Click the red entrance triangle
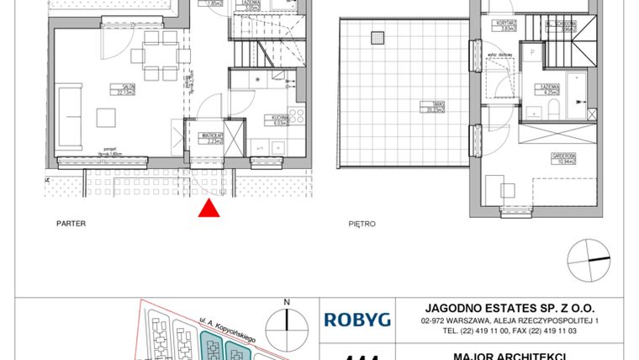210,209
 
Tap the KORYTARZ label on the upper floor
506,24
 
